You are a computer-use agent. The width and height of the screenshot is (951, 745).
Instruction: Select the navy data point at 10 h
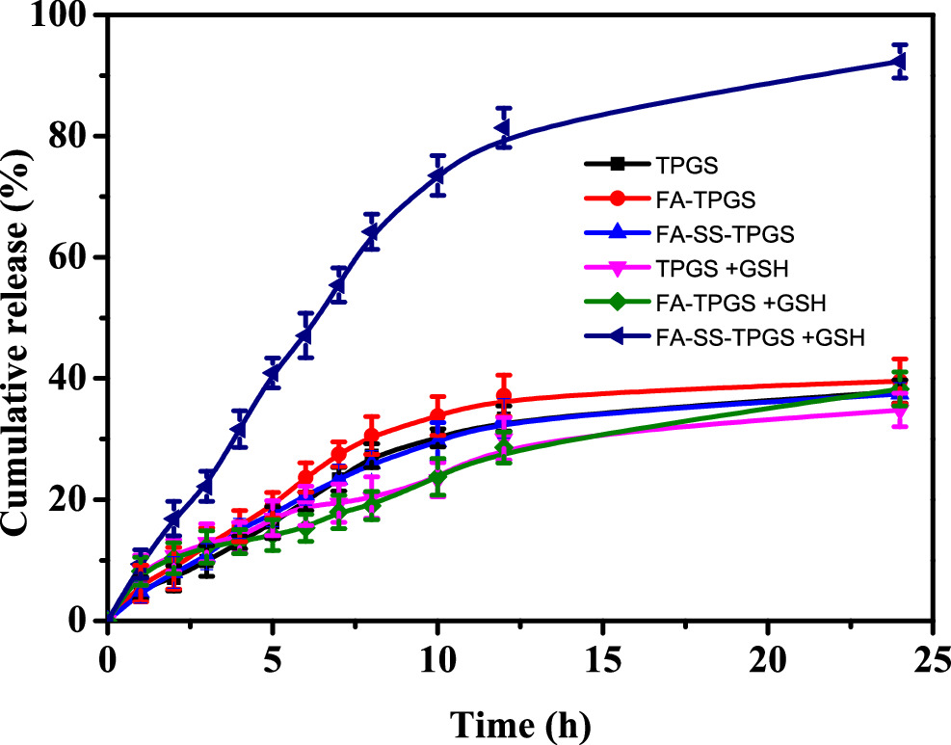point(437,175)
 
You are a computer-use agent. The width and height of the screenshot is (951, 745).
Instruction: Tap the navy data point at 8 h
point(372,232)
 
